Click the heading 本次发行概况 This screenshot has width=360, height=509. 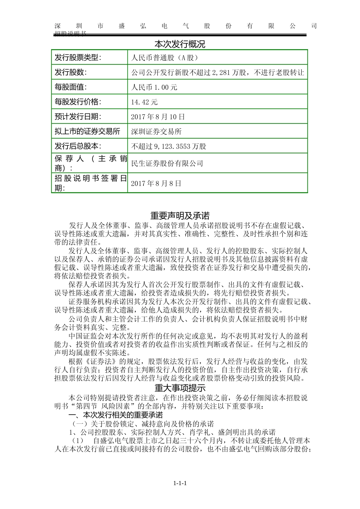point(180,44)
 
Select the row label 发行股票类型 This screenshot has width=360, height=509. point(78,58)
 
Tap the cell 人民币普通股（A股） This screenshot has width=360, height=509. point(164,58)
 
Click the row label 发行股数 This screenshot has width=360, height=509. point(70,72)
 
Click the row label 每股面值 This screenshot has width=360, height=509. point(70,87)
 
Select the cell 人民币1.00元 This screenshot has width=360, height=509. point(154,87)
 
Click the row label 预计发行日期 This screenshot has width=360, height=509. point(78,117)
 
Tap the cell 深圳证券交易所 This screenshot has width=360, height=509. point(156,132)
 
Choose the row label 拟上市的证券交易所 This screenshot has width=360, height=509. point(87,131)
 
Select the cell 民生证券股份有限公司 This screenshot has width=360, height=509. point(167,164)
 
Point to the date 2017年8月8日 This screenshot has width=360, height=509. point(156,184)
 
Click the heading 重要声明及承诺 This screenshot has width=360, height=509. point(180,216)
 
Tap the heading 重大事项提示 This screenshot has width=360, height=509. point(180,388)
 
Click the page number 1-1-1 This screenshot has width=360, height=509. point(180,483)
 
